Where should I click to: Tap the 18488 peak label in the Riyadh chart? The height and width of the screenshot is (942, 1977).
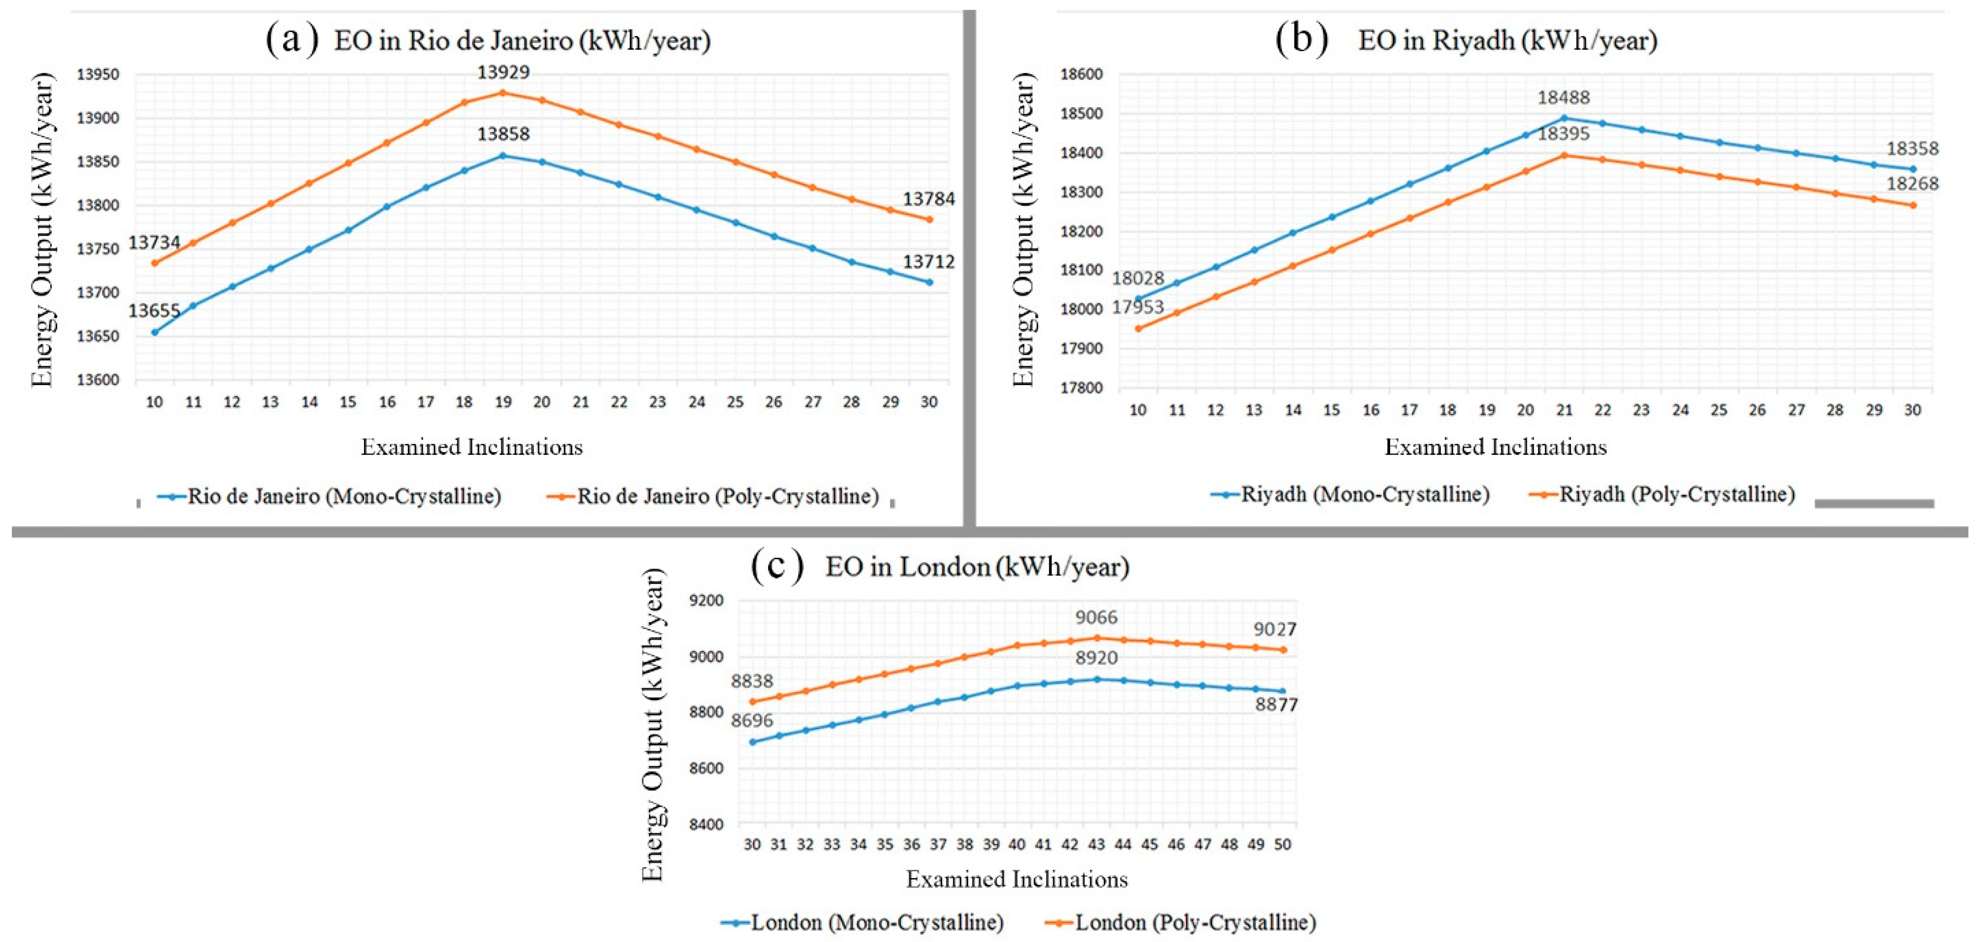click(1563, 98)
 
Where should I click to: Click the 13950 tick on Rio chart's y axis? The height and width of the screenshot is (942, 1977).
click(98, 75)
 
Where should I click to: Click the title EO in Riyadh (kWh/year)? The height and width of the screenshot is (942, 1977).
click(1507, 40)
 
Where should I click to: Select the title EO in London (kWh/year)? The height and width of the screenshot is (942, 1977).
click(977, 567)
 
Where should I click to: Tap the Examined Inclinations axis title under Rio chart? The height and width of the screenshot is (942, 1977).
click(472, 447)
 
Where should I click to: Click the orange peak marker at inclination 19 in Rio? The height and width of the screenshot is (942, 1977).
click(503, 93)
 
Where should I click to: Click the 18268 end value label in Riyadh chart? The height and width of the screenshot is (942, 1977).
click(1912, 183)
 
